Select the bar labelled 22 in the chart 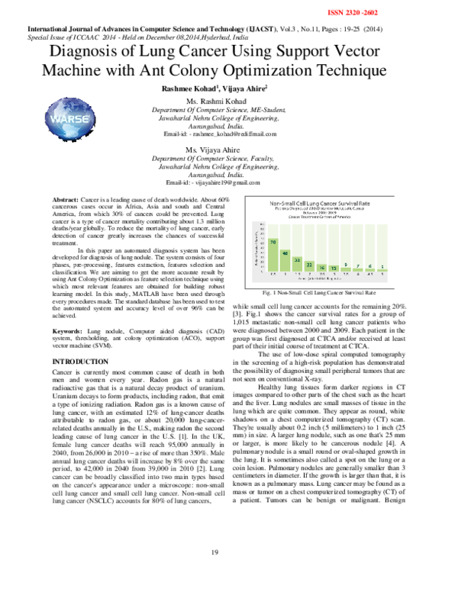[310, 268]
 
